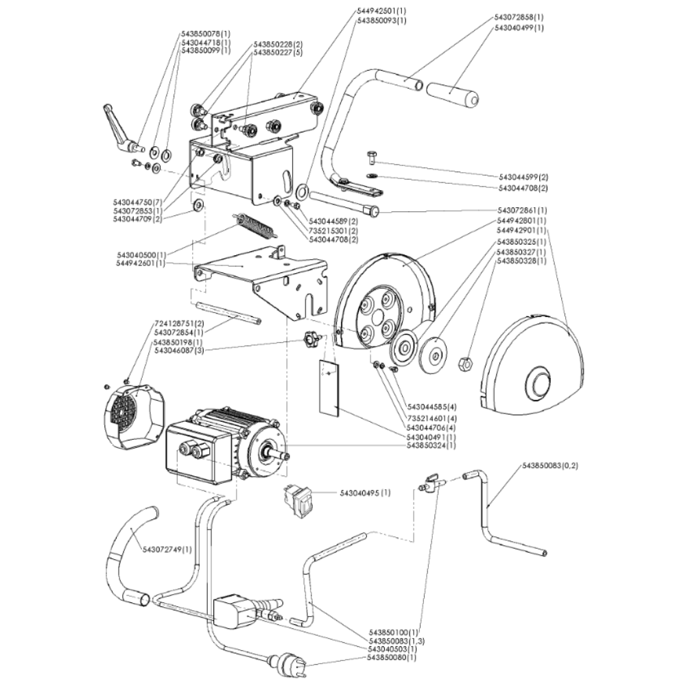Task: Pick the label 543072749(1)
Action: coord(167,549)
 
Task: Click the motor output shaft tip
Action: coord(283,456)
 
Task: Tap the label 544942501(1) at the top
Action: coord(381,11)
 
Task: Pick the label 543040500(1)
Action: coord(141,255)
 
